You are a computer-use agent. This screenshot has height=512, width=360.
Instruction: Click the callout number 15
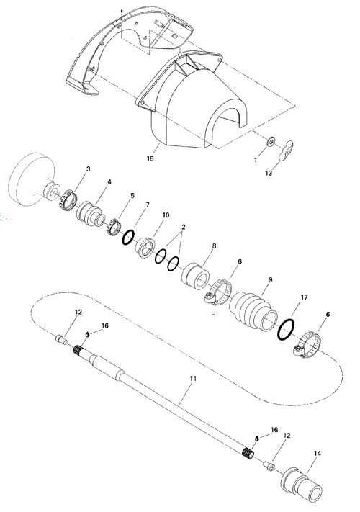150,158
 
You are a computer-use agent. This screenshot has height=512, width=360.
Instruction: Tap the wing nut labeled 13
286,151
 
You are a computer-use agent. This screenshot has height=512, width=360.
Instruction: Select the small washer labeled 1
271,141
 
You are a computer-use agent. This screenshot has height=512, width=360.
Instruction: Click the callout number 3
88,169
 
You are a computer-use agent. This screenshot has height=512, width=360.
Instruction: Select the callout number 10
166,215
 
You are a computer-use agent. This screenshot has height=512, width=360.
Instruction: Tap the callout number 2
184,227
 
